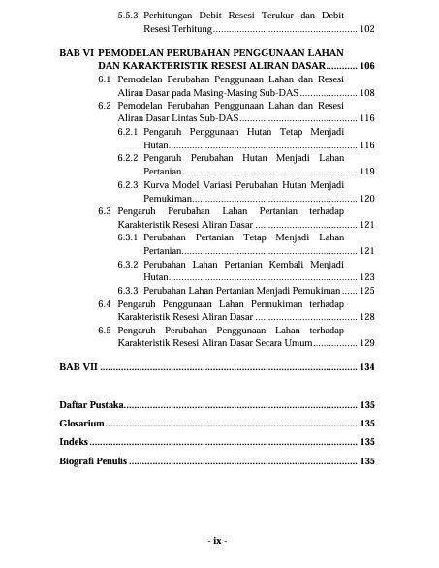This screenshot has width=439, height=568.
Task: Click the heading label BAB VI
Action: click(x=76, y=51)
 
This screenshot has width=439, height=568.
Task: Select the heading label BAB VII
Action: click(x=78, y=367)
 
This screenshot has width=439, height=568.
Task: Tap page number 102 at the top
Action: click(x=366, y=30)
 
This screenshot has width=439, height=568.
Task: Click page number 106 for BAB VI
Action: click(x=366, y=64)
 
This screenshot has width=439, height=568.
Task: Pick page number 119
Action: click(x=366, y=171)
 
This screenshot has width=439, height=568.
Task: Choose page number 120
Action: click(x=366, y=198)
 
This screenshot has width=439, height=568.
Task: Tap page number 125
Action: click(x=366, y=291)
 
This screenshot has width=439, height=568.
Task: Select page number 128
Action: click(x=366, y=317)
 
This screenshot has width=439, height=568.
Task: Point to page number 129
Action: click(x=366, y=343)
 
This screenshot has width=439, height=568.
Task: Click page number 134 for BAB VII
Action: click(x=366, y=367)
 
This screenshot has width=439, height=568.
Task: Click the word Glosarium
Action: click(x=81, y=424)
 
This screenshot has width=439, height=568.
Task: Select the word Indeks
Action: click(x=74, y=442)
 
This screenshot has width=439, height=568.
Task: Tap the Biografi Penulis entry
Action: click(x=93, y=461)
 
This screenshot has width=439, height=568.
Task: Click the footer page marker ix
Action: click(x=218, y=541)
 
